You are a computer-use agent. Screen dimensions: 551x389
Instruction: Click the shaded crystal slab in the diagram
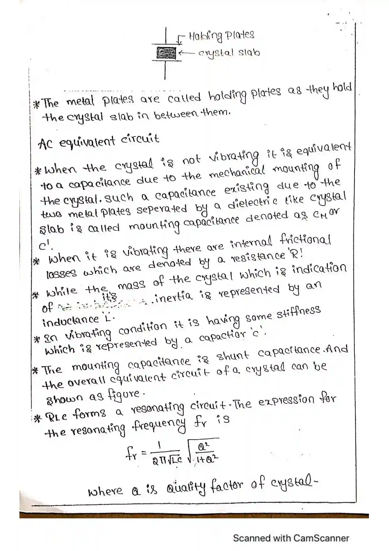166,53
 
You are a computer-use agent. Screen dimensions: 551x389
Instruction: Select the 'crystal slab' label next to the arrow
229,52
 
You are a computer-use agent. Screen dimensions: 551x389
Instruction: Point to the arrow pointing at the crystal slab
187,53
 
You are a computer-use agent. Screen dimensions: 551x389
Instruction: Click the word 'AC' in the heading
45,144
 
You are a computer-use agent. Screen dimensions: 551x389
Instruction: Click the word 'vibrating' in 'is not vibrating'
233,156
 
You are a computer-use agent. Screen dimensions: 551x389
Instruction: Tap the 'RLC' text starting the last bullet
56,417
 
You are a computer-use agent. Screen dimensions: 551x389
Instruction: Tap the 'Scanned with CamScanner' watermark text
291,538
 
